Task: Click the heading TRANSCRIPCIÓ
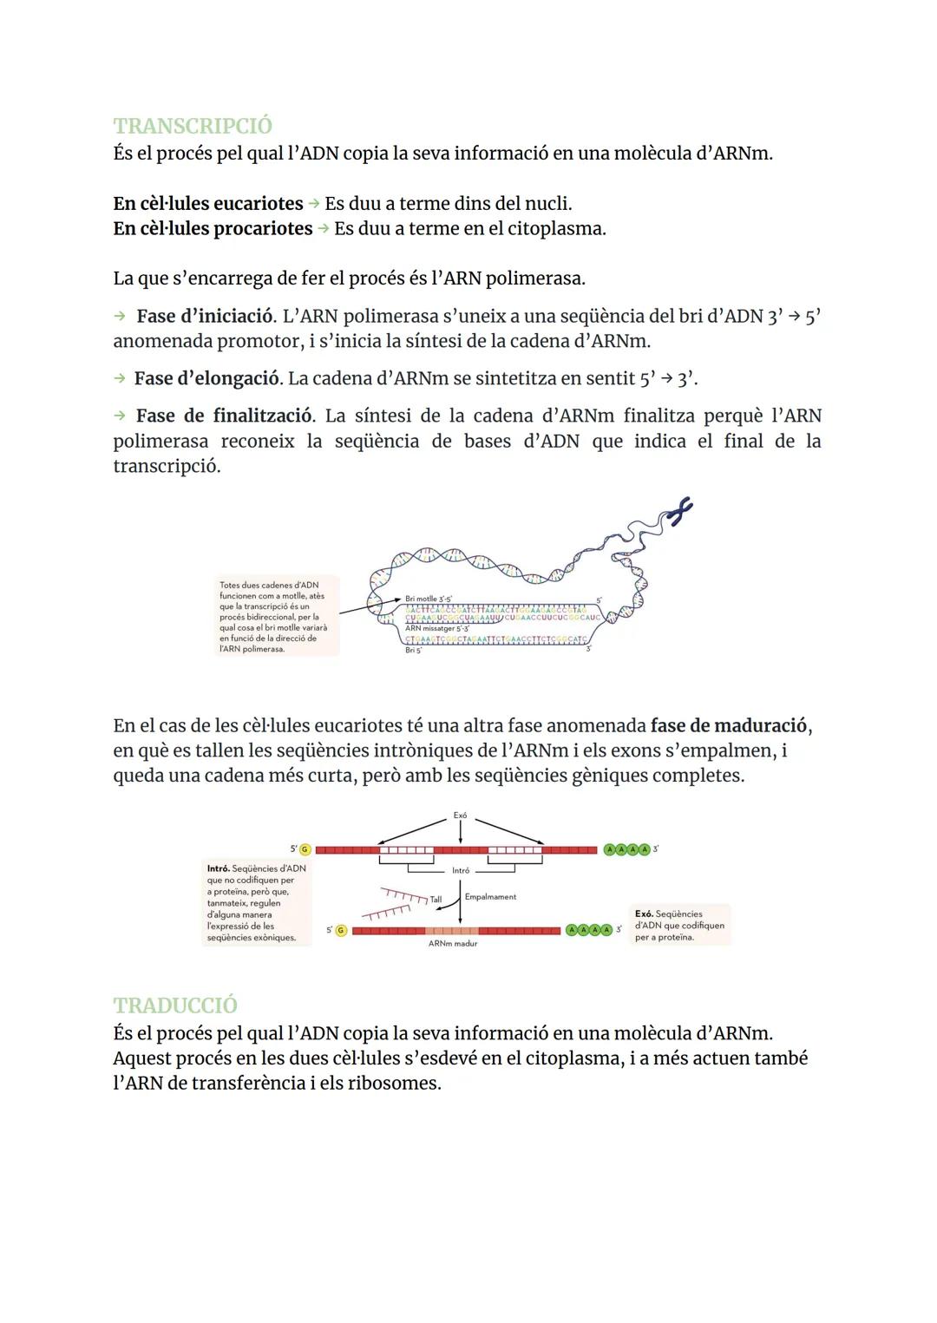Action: click(x=192, y=126)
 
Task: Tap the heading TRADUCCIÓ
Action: click(x=174, y=1005)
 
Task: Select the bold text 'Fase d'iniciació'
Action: click(x=204, y=317)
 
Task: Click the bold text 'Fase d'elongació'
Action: click(x=207, y=379)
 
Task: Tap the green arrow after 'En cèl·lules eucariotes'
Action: click(x=313, y=204)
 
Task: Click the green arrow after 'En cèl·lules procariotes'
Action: click(x=323, y=229)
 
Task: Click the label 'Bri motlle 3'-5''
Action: click(x=429, y=599)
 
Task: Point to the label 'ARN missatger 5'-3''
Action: click(x=436, y=628)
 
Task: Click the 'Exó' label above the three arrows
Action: click(x=460, y=815)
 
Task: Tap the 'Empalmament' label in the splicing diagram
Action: click(x=490, y=897)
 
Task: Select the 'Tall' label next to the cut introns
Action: click(x=436, y=900)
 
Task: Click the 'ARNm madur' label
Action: click(x=452, y=944)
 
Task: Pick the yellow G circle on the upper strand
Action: click(x=305, y=849)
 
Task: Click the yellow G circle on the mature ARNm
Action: click(x=340, y=931)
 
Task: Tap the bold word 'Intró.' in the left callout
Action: click(x=219, y=868)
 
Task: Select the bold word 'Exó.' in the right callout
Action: click(x=644, y=914)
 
